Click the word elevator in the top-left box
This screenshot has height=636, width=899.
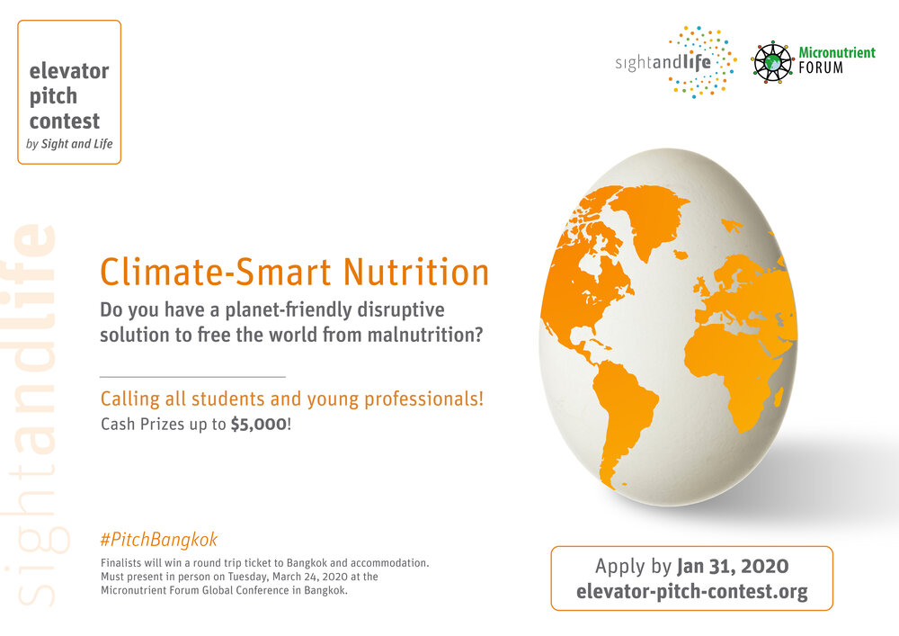tap(69, 71)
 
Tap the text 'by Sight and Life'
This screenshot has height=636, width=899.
tap(69, 143)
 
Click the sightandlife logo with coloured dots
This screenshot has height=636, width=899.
tap(675, 62)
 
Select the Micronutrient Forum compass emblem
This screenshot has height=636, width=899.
tap(772, 62)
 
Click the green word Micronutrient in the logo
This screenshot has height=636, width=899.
tap(837, 53)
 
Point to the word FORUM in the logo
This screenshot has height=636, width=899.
tap(821, 67)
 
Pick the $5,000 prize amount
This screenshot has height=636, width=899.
tap(259, 425)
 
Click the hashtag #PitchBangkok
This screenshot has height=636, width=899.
tap(159, 540)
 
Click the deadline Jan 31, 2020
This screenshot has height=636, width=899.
tap(733, 567)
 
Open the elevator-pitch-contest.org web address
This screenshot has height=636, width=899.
tap(692, 591)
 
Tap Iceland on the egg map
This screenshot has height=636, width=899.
tap(681, 254)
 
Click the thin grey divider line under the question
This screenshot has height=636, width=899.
tap(192, 377)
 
